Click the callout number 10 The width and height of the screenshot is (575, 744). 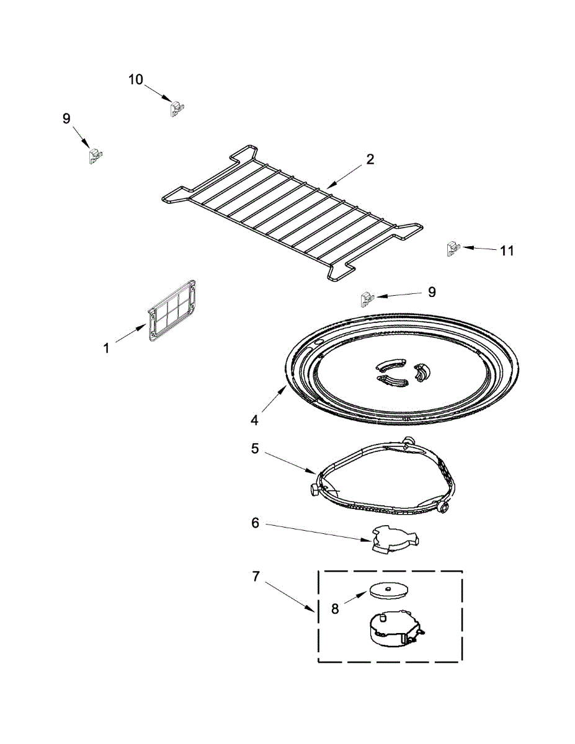point(136,79)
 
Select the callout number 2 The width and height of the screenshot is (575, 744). point(370,159)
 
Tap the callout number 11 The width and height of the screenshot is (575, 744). point(507,250)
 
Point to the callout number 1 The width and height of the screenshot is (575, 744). point(106,349)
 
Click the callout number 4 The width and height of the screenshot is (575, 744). point(254,420)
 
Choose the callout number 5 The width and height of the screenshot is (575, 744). point(255,448)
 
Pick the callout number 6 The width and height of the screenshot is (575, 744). point(255,523)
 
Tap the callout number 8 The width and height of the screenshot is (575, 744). point(335,609)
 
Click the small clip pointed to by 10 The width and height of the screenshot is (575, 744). point(177,109)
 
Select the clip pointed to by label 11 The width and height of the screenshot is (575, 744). point(452,249)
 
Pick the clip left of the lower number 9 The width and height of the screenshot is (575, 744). point(365,299)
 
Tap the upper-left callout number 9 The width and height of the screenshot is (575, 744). point(66,118)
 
